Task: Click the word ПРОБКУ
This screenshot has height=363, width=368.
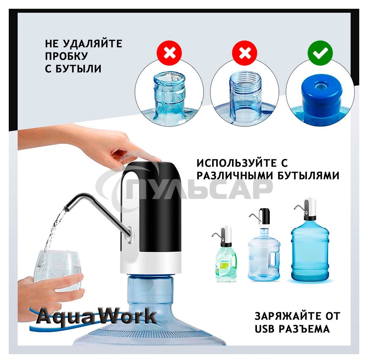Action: point(66,56)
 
